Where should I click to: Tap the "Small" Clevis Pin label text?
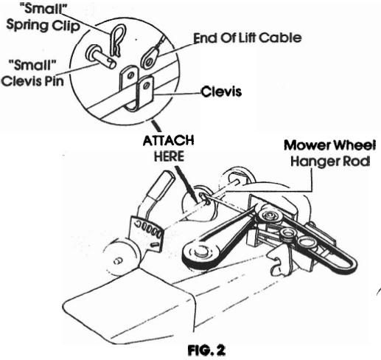point(33,73)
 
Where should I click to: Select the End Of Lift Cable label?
point(248,38)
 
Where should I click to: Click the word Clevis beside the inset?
point(221,91)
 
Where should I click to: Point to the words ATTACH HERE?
point(169,148)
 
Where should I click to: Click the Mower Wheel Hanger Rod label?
point(330,153)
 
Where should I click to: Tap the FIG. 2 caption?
point(206,350)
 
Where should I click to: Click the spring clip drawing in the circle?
point(117,41)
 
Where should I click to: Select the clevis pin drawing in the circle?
point(101,57)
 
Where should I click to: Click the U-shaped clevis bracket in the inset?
point(137,88)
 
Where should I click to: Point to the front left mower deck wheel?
point(121,257)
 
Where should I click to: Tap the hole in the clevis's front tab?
point(147,86)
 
